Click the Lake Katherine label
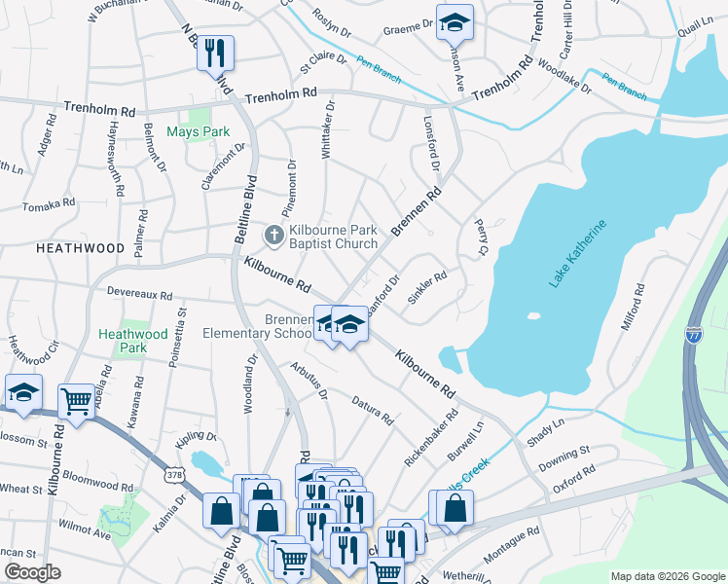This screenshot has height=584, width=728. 578,253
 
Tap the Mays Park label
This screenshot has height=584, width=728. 198,131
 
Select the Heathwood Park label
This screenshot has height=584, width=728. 135,340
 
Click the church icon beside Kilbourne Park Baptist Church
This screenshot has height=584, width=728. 274,236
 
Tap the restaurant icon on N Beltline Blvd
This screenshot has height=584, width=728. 215,52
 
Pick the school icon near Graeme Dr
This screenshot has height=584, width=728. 454,21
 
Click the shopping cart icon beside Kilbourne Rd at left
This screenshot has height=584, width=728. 76,398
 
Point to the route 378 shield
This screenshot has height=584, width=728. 174,475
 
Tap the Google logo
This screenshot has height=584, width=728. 33,572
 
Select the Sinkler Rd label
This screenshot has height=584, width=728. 427,289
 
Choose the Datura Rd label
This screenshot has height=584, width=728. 372,412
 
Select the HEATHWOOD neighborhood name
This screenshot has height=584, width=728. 80,249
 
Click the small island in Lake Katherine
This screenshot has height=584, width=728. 532,316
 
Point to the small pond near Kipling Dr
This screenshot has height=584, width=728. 205,460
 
